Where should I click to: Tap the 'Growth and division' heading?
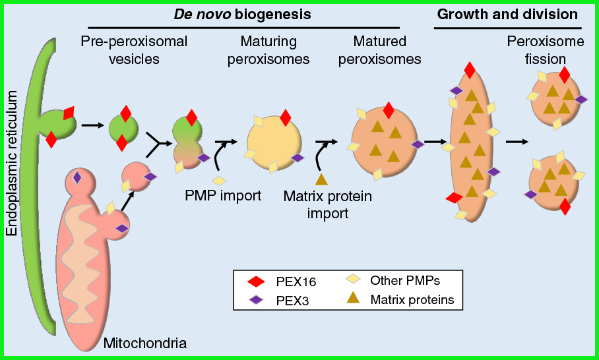point(507,14)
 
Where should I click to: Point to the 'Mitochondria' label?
point(145,343)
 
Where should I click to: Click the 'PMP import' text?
point(224,195)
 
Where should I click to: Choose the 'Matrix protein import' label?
point(327,204)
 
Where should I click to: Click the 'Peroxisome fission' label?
point(545,50)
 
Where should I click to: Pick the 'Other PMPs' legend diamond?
point(354,280)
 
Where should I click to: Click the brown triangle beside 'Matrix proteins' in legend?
point(354,299)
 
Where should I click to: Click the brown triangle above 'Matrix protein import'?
point(321,179)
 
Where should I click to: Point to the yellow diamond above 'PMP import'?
point(219,180)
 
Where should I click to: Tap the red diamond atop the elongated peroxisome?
point(469,70)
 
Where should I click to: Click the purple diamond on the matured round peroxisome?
point(417,144)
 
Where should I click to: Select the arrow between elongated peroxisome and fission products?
point(517,141)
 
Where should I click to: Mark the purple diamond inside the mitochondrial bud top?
point(77,177)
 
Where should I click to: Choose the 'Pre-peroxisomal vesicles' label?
point(134,50)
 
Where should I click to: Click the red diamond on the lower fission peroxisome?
point(565,206)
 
